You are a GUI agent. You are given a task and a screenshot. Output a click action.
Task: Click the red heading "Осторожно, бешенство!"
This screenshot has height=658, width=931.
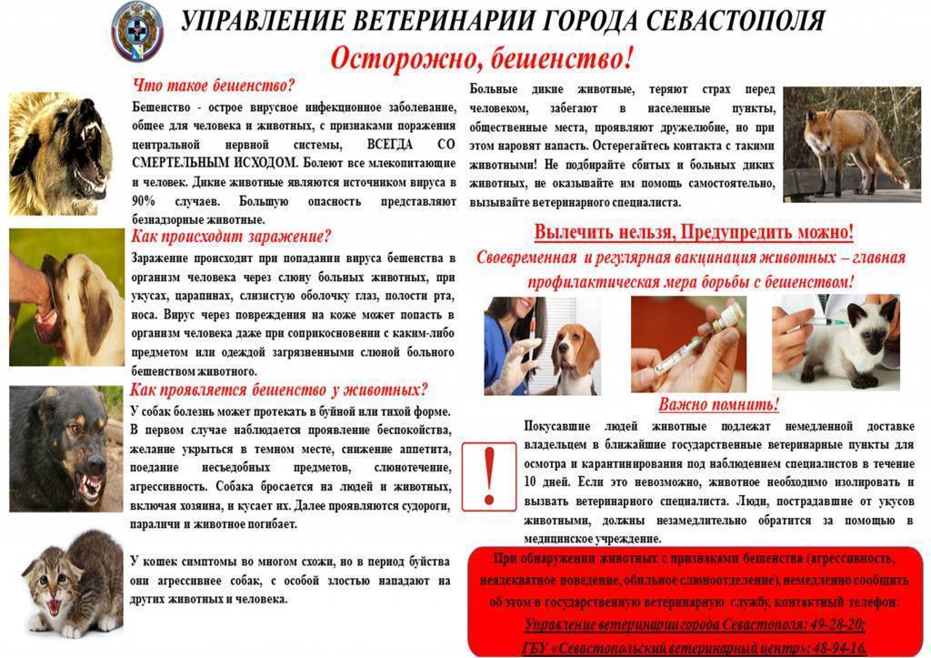pyautogui.click(x=481, y=60)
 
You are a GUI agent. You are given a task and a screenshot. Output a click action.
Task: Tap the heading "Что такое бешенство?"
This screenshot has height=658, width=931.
pyautogui.click(x=215, y=86)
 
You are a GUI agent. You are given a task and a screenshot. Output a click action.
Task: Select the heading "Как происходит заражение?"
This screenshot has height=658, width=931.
pyautogui.click(x=231, y=238)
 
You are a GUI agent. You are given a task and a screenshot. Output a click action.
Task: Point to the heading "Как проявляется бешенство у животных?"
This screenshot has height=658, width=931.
pyautogui.click(x=278, y=390)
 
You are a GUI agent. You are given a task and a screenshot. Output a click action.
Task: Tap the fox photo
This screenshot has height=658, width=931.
pyautogui.click(x=851, y=143)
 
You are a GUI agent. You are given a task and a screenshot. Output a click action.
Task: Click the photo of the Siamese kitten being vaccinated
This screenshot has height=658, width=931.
pyautogui.click(x=836, y=341)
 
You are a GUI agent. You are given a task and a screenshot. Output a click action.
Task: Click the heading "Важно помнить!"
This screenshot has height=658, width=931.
pyautogui.click(x=719, y=405)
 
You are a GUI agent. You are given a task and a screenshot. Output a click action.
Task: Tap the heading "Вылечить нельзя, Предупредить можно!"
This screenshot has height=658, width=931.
pyautogui.click(x=694, y=232)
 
